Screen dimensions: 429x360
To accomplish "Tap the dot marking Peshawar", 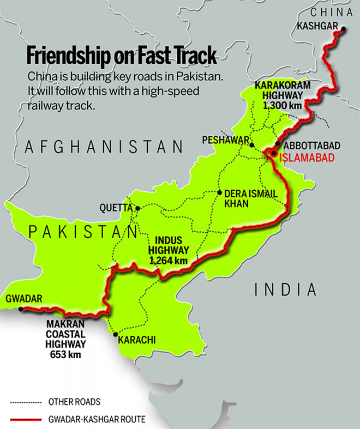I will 251,144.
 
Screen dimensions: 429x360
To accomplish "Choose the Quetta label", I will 116,208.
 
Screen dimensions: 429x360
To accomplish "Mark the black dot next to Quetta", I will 138,208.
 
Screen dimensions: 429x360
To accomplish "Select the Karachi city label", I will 137,340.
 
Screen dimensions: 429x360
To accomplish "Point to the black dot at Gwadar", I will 21,309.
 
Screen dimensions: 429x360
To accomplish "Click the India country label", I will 285,289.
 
